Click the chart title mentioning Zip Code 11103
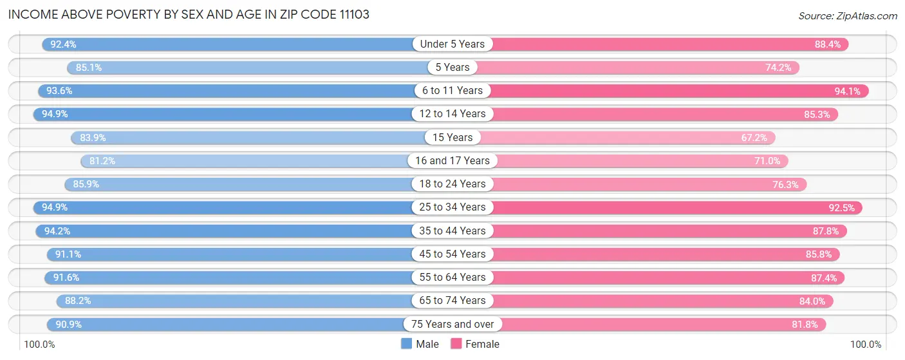click(189, 14)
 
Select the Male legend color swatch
click(406, 344)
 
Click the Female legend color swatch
click(456, 344)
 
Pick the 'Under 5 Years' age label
click(452, 44)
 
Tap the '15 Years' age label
click(452, 138)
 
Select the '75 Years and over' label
click(452, 325)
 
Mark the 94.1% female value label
click(847, 91)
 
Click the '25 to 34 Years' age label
click(452, 207)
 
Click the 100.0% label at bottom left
click(39, 345)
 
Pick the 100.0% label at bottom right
click(866, 345)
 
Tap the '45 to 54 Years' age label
click(452, 254)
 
